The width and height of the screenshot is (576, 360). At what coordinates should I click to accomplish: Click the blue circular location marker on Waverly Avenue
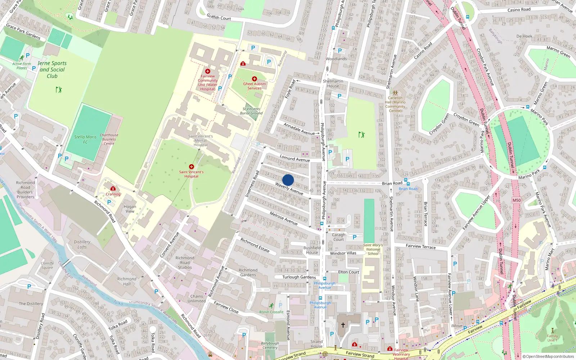click(x=288, y=180)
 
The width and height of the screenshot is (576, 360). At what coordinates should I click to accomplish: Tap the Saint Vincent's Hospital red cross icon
click(x=192, y=167)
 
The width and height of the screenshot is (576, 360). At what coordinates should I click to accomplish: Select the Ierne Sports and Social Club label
click(x=52, y=69)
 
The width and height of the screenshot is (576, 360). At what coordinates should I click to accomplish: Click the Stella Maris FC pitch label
click(x=85, y=139)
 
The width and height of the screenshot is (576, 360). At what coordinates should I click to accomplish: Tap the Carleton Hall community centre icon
click(x=395, y=93)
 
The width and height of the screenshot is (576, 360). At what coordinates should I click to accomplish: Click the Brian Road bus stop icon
click(x=406, y=180)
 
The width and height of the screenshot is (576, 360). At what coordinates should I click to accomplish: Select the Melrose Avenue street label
click(x=284, y=218)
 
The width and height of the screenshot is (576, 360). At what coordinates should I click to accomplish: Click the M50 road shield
click(x=517, y=200)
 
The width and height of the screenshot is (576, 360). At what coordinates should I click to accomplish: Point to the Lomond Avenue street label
click(x=295, y=158)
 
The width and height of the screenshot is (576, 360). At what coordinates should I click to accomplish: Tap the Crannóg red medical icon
click(x=113, y=188)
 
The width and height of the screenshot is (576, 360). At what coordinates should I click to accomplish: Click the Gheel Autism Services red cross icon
click(x=255, y=78)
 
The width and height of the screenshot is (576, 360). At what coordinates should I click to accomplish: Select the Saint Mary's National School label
click(x=373, y=249)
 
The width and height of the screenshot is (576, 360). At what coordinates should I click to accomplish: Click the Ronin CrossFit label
click(x=271, y=312)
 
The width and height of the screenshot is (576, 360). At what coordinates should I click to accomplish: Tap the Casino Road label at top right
click(x=519, y=10)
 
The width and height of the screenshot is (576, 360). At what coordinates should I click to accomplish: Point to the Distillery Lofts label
click(x=82, y=244)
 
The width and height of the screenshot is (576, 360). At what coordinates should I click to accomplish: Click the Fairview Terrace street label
click(x=420, y=246)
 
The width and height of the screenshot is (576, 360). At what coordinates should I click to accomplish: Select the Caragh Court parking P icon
click(x=355, y=237)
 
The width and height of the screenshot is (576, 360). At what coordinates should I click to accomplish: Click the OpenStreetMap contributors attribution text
click(x=548, y=356)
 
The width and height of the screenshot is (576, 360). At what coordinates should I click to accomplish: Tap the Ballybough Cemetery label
click(x=270, y=345)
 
